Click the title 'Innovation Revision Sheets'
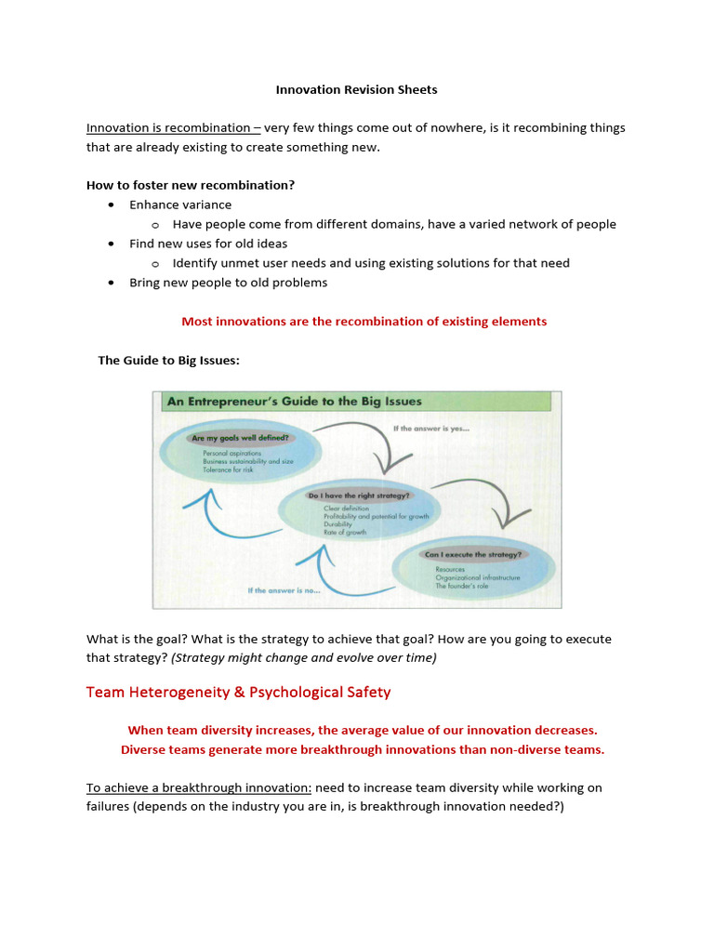[356, 90]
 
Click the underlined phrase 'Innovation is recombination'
[173, 128]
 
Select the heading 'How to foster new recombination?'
[191, 185]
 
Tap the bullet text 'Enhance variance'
[180, 205]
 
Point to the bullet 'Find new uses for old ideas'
[209, 244]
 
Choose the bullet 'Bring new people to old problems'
[228, 283]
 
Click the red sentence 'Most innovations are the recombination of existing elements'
[364, 322]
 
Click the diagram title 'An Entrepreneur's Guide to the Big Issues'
[294, 402]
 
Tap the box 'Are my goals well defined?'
[240, 437]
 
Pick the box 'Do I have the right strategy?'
[359, 496]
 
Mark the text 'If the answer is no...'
[284, 590]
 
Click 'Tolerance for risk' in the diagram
[228, 469]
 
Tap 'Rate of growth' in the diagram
[345, 533]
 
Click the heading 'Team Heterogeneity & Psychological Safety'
[238, 693]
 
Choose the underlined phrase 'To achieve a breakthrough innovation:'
[199, 787]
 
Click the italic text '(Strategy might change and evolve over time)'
[304, 658]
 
